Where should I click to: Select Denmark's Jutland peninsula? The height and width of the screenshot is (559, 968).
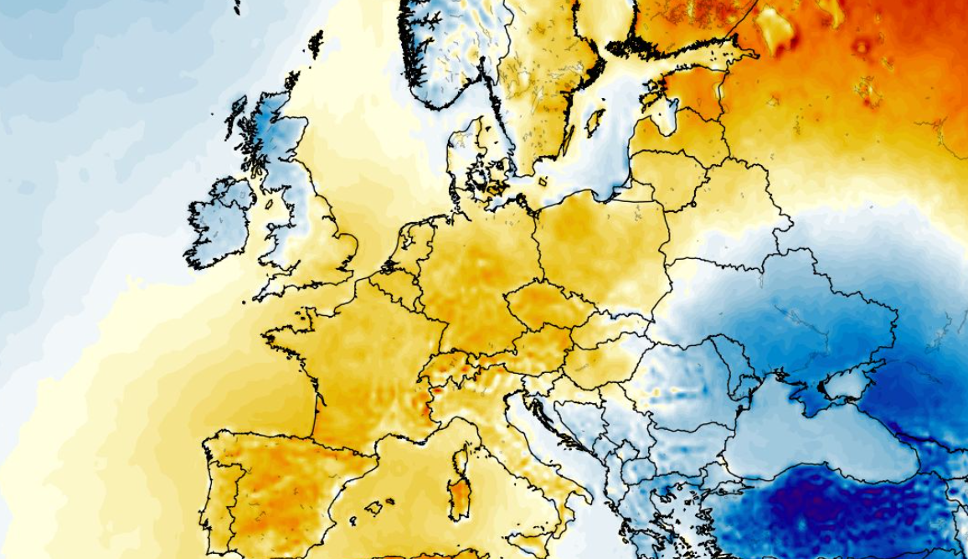click(x=465, y=155)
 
